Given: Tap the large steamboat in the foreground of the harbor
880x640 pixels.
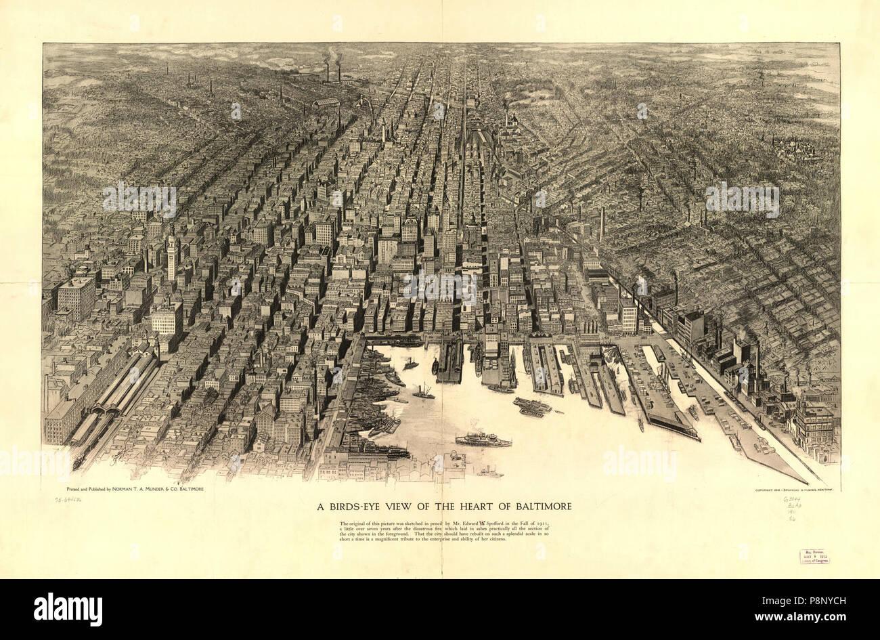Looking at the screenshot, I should pyautogui.click(x=482, y=441).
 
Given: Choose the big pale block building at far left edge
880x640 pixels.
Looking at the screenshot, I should pyautogui.click(x=76, y=298).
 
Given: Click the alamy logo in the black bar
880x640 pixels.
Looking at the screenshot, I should pyautogui.click(x=68, y=608).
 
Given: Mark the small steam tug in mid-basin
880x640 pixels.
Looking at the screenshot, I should pyautogui.click(x=424, y=391).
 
